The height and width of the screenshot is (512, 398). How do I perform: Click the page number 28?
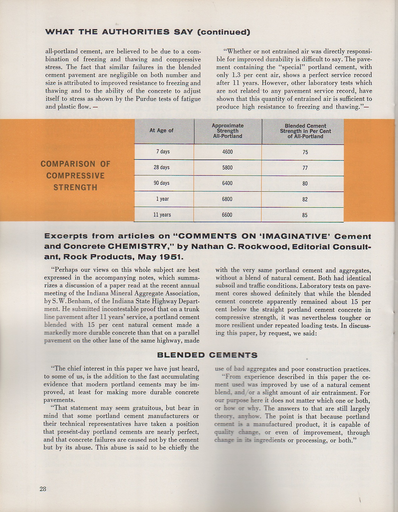click(x=43, y=489)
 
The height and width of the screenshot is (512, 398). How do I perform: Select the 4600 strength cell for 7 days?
click(x=227, y=152)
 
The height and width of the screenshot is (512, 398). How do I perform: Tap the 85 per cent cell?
click(x=305, y=215)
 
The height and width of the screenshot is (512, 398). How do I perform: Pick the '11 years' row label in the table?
click(x=162, y=215)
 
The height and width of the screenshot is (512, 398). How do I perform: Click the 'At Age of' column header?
click(x=161, y=130)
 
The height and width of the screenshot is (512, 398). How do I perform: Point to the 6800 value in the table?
click(x=227, y=199)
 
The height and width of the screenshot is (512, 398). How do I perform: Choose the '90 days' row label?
click(x=161, y=183)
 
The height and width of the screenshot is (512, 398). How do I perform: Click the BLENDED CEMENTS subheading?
click(x=207, y=355)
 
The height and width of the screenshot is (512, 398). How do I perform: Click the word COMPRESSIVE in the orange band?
click(x=75, y=176)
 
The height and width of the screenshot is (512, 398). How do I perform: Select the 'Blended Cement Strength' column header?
click(x=305, y=131)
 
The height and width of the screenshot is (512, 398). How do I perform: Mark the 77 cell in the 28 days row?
click(x=305, y=168)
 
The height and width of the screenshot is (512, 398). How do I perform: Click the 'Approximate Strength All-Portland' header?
click(x=228, y=131)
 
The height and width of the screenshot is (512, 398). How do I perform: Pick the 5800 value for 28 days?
click(x=227, y=168)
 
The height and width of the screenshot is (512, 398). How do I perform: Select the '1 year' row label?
click(x=162, y=199)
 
